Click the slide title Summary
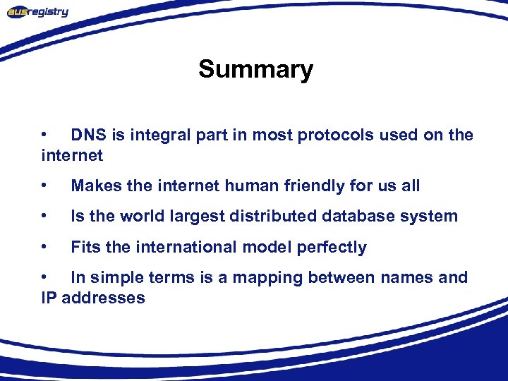255,70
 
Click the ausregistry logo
37,12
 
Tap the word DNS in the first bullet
88,135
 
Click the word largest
196,217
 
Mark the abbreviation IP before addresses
49,298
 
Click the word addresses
103,298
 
